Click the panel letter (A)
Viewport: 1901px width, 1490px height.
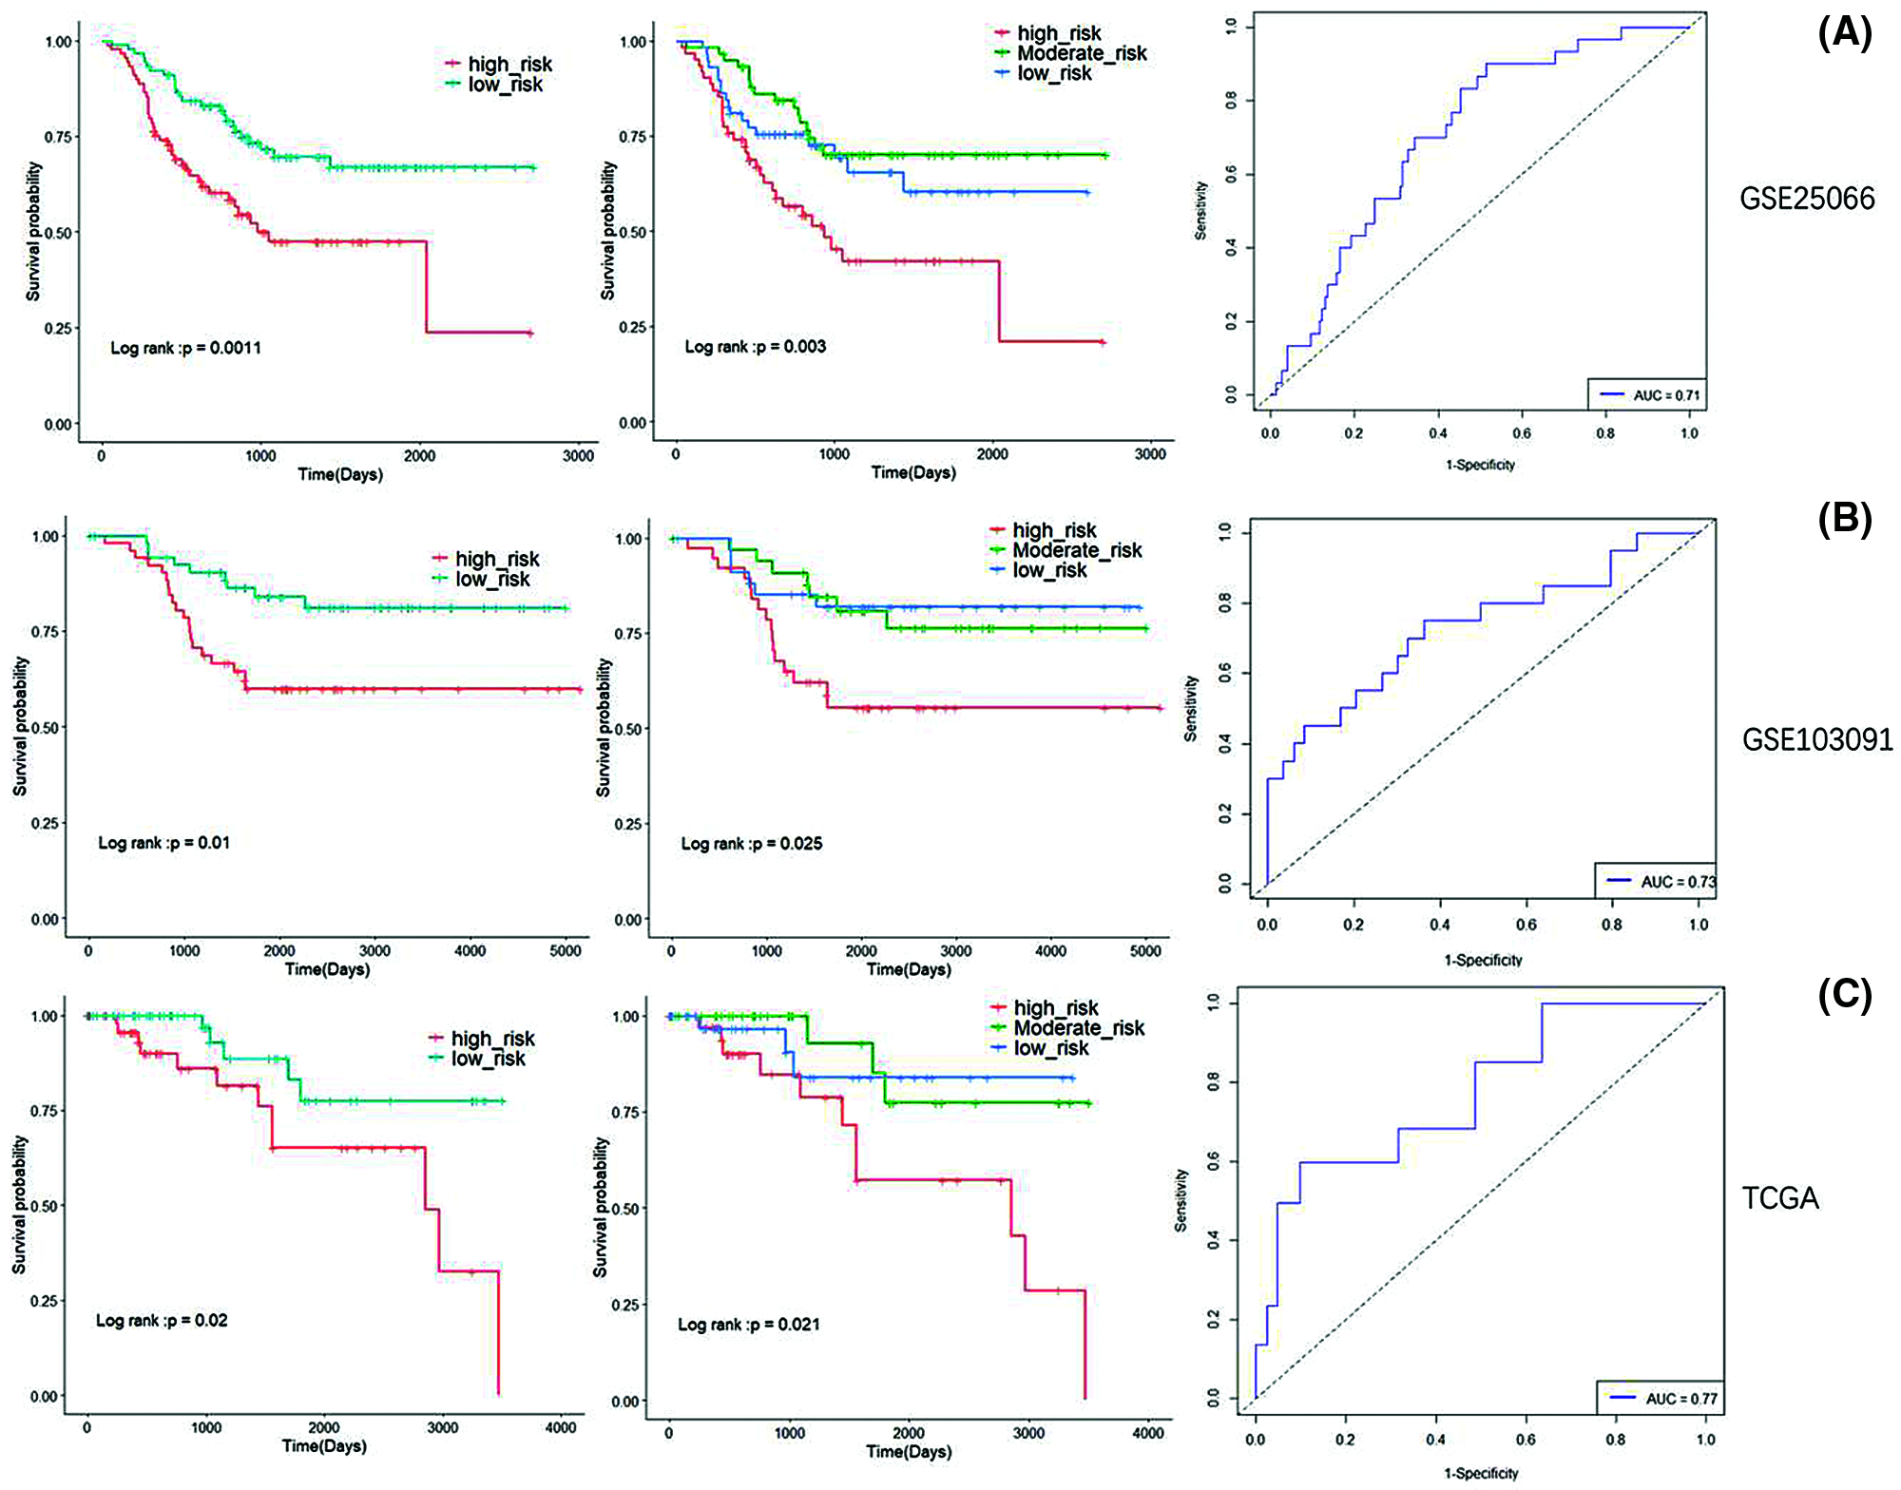coord(1844,34)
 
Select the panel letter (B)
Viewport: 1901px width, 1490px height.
coord(1844,520)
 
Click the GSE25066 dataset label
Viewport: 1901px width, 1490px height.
coord(1807,199)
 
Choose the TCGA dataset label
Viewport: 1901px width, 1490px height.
coord(1780,1198)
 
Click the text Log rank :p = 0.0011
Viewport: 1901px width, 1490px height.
coord(185,348)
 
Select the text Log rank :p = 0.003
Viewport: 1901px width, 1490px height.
coord(756,347)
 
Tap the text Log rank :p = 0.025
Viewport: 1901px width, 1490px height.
coord(752,844)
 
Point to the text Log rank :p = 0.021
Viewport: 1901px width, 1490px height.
coord(749,1325)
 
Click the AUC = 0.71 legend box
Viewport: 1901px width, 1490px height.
coord(1647,394)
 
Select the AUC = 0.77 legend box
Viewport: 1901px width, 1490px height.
coord(1659,1398)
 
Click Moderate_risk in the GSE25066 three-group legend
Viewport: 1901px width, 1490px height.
coord(1082,53)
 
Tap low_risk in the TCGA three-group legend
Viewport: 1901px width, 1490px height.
coord(1051,1048)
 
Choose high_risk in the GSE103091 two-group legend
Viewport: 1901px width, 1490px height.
coord(496,559)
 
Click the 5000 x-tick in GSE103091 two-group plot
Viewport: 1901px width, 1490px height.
coord(566,950)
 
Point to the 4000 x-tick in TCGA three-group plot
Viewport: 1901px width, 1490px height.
coord(1148,1433)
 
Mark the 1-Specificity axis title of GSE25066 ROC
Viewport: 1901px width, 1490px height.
coord(1480,465)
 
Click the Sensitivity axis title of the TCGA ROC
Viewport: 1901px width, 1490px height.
coord(1181,1200)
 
